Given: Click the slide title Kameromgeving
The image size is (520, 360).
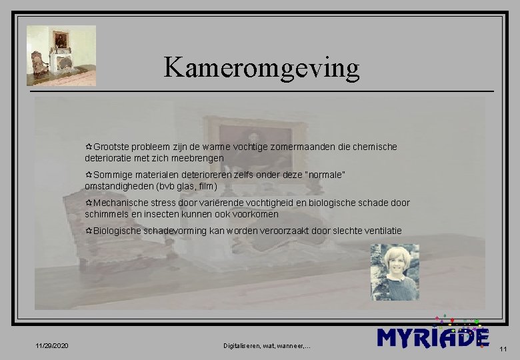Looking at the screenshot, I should pos(261,67).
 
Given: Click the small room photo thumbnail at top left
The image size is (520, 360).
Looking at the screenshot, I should pos(61,55).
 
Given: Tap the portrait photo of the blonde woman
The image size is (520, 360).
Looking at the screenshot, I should pos(395,271).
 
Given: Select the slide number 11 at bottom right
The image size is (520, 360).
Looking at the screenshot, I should pos(503,349).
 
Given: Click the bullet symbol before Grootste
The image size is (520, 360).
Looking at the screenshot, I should pos(89,147).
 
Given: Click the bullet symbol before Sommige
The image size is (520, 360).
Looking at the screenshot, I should pos(89,175).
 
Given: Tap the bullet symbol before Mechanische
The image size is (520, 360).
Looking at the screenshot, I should pos(89,203).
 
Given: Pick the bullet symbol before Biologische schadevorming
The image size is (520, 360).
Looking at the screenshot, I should pos(89,231).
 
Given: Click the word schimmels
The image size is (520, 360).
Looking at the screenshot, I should pos(107,214).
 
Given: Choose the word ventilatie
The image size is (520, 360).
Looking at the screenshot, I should pos(381,231).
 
